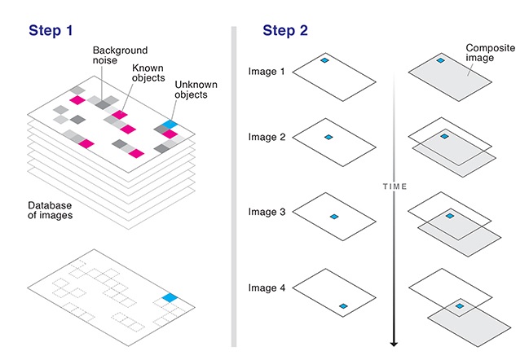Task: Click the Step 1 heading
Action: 51,31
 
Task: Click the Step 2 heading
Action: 284,31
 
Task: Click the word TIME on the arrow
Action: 395,187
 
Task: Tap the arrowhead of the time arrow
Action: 395,342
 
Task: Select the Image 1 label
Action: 267,72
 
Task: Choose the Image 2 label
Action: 267,138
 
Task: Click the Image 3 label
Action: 267,212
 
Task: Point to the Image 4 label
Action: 267,287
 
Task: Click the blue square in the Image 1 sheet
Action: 324,60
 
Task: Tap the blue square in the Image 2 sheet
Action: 328,137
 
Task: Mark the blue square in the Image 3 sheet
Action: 333,216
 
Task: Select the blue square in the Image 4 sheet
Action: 344,306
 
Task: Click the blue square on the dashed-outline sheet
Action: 169,298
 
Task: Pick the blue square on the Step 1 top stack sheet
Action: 168,124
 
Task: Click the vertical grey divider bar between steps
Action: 233,187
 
